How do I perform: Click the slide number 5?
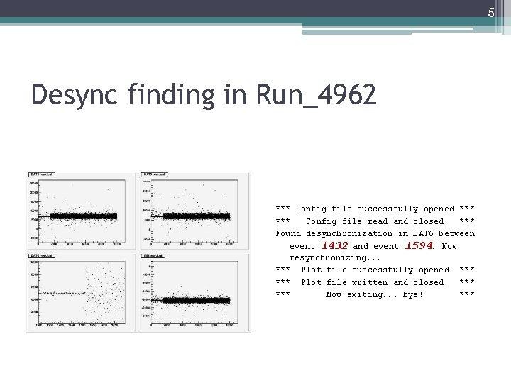click(490, 13)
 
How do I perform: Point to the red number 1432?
click(334, 245)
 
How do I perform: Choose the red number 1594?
click(419, 245)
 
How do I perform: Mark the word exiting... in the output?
click(372, 294)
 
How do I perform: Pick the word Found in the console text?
click(288, 233)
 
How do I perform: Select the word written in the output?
click(370, 282)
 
